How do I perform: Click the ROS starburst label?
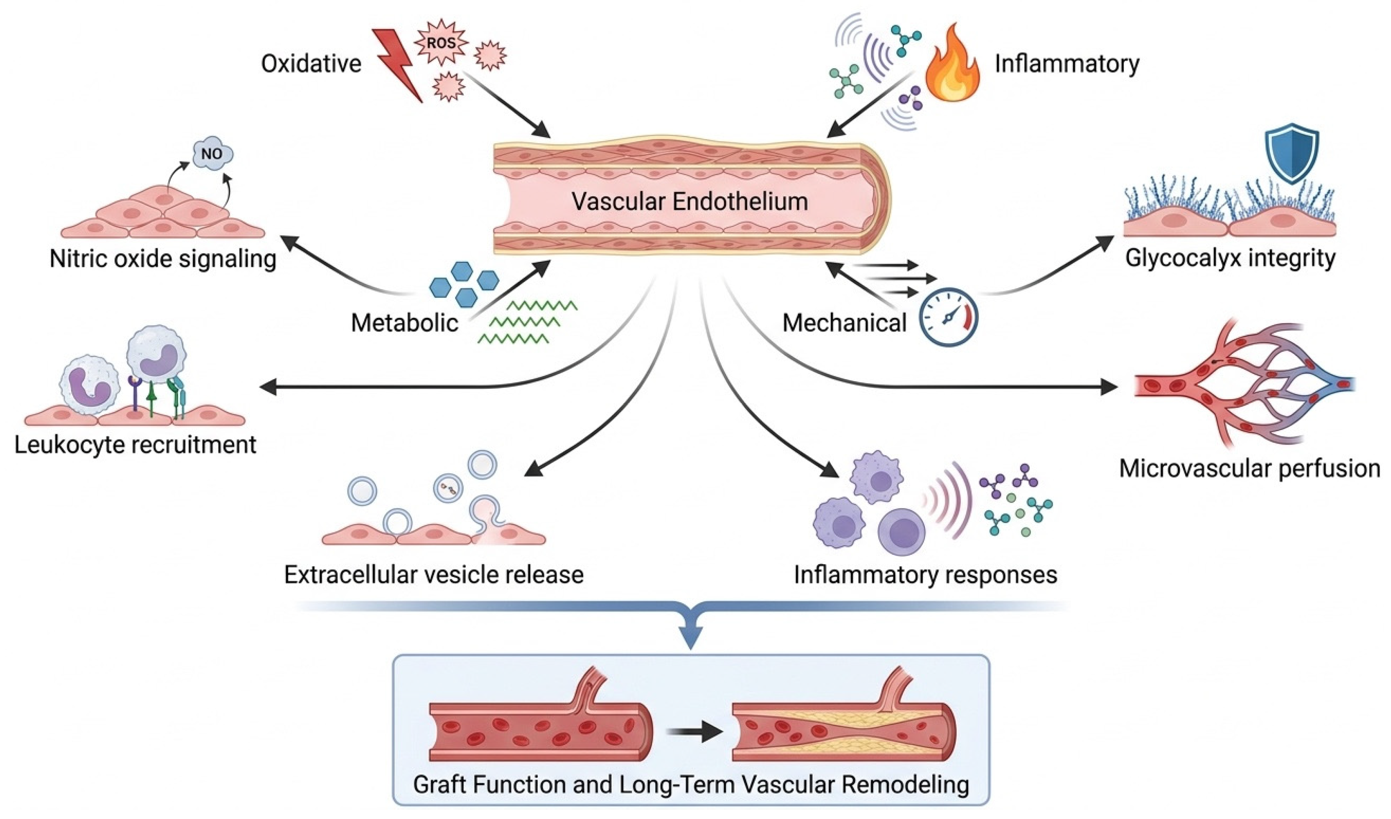tap(441, 43)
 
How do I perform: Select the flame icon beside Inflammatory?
tap(952, 63)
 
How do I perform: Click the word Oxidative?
tap(311, 64)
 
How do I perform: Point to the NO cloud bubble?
tap(212, 154)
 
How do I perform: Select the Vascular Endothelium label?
tap(690, 201)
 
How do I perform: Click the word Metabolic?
tap(405, 323)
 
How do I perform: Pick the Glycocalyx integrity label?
tap(1230, 258)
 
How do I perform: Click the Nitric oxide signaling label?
tap(163, 259)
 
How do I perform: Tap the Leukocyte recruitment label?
tap(135, 444)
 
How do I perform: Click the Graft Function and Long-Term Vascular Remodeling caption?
tap(691, 785)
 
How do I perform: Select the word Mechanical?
tap(845, 323)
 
